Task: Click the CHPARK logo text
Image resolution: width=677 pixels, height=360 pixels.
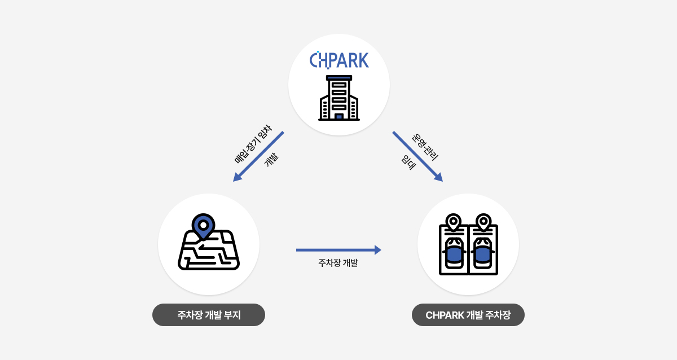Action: click(339, 60)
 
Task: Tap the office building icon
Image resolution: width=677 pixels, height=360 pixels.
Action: click(339, 98)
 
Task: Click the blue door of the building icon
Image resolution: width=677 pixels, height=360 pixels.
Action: click(339, 116)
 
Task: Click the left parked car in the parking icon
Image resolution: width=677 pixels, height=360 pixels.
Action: click(454, 253)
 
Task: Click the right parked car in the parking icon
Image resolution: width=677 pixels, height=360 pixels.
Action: click(483, 253)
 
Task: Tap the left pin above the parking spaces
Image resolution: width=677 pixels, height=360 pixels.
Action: click(454, 222)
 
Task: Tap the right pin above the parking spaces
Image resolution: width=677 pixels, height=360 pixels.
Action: click(483, 222)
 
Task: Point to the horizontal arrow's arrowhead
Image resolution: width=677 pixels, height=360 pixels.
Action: click(378, 250)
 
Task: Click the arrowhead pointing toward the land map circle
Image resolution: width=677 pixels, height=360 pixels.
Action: click(237, 177)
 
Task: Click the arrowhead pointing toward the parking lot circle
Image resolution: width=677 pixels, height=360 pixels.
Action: click(439, 177)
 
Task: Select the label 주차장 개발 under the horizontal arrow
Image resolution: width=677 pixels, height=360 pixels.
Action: click(338, 263)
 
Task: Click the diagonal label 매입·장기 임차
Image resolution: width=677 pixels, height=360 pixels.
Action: click(253, 144)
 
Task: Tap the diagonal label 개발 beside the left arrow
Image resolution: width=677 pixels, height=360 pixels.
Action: click(271, 160)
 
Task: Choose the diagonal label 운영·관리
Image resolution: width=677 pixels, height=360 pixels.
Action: click(425, 147)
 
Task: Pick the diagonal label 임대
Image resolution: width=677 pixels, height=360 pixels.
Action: click(408, 163)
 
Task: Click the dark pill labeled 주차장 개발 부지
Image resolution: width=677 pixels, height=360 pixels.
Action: click(209, 315)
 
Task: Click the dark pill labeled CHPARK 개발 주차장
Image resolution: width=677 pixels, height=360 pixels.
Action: click(468, 315)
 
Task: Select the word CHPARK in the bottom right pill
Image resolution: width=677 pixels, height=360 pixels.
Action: click(445, 315)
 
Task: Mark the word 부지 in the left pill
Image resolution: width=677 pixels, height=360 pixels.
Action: click(232, 315)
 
